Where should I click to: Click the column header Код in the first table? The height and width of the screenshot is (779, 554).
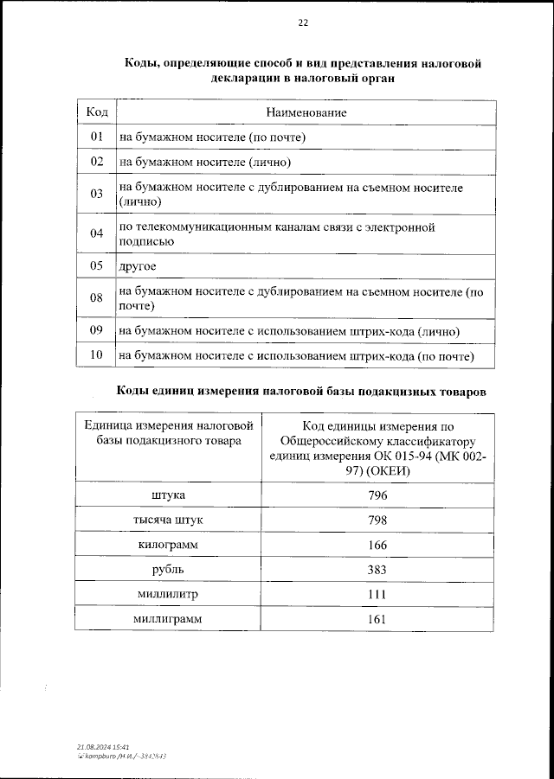click(x=96, y=112)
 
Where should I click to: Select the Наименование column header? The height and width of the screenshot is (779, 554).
click(x=306, y=112)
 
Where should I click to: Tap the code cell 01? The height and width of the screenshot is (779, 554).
click(x=96, y=137)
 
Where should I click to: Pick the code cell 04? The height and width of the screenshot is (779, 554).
click(x=96, y=233)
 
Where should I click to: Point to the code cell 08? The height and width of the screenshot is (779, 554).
click(x=96, y=298)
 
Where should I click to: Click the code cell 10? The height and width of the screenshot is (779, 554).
click(x=96, y=355)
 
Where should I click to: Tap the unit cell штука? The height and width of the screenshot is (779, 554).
click(x=167, y=495)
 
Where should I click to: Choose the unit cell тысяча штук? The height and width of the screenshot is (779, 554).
click(x=167, y=520)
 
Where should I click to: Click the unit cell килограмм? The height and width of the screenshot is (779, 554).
click(x=167, y=545)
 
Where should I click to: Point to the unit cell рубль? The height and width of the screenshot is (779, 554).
click(x=167, y=570)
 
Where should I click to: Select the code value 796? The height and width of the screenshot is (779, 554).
click(x=377, y=495)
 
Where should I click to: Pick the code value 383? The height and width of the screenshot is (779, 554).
click(x=377, y=570)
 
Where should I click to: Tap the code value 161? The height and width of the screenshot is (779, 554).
click(x=377, y=619)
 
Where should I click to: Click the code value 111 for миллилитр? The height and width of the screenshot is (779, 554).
click(x=377, y=595)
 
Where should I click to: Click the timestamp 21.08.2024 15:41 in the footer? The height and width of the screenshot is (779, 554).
click(x=103, y=745)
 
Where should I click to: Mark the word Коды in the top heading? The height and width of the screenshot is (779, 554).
click(x=140, y=63)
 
